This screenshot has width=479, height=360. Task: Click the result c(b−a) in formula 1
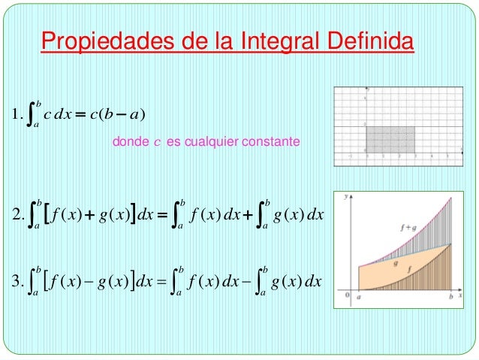click(120, 114)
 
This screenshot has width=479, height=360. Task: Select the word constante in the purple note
click(272, 141)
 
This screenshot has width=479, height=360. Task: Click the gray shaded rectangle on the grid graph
click(390, 138)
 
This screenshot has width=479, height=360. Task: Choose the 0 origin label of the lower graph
click(348, 296)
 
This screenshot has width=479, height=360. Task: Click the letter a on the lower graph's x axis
click(360, 299)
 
